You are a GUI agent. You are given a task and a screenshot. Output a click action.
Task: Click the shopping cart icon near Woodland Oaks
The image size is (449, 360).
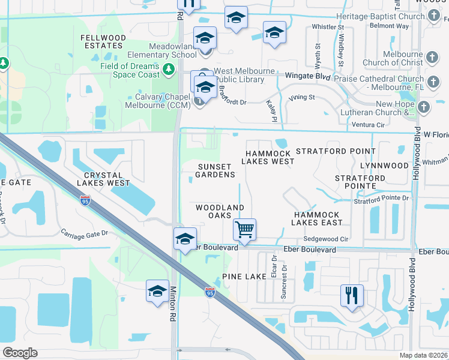[x=244, y=229]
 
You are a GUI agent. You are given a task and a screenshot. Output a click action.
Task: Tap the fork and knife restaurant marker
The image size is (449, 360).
[x=352, y=295]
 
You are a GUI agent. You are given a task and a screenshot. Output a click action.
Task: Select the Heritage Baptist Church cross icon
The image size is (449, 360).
[x=435, y=17]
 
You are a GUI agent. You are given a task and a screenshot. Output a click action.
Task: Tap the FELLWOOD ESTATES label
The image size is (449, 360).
[x=103, y=42]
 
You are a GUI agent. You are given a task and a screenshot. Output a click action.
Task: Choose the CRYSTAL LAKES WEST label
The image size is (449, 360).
[x=103, y=178]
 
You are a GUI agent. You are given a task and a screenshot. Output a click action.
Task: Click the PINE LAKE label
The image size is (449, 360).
[x=244, y=276]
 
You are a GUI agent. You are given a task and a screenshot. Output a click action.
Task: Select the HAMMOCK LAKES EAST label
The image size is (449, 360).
[x=316, y=218]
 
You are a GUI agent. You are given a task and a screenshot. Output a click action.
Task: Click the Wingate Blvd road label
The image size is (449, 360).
[x=308, y=76]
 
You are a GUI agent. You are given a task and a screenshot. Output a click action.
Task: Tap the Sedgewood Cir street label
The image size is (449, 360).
[x=326, y=238]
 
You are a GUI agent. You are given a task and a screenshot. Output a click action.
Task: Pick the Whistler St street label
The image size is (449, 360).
[x=327, y=27]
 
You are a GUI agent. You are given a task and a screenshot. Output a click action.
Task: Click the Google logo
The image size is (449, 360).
[x=20, y=353]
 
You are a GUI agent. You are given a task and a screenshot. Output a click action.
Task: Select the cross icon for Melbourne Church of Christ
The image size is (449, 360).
[x=432, y=58]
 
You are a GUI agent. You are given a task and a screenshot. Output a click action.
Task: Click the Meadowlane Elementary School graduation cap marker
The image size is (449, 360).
[x=205, y=38]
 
